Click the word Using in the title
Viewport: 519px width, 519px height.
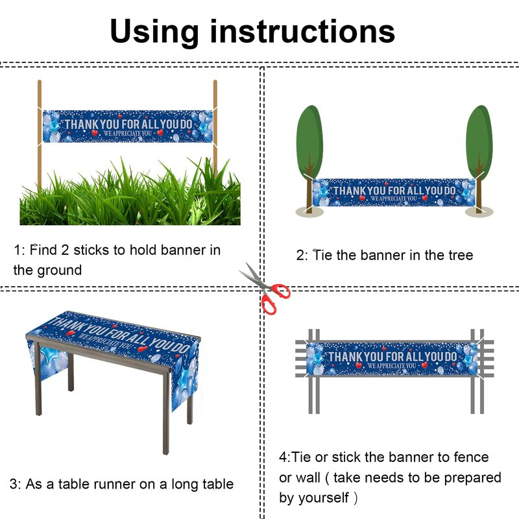[154, 32]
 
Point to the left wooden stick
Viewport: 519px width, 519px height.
[40, 136]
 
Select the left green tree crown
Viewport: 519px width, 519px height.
[309, 141]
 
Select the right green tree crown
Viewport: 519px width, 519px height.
[479, 142]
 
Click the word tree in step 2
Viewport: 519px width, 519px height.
[461, 256]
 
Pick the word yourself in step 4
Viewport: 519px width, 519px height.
[323, 498]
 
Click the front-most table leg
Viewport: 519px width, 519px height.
[166, 414]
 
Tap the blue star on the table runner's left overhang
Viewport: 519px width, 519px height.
[50, 355]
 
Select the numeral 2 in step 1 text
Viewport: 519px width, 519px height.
[65, 250]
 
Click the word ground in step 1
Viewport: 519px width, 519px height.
[59, 271]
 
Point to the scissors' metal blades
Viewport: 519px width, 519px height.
[252, 275]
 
